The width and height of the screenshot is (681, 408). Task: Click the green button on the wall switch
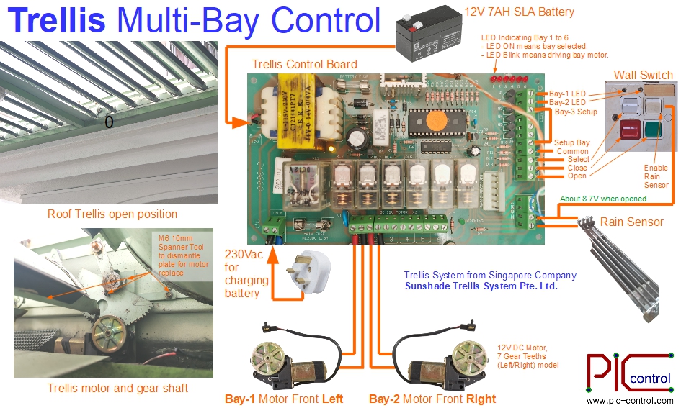coord(654,132)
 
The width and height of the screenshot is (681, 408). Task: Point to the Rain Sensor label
coord(631,222)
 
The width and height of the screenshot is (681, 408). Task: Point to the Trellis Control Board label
coord(304,65)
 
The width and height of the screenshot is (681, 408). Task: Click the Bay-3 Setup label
coord(576,112)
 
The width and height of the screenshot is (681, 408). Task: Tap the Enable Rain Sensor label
coord(656,176)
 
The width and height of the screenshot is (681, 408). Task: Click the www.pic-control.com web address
coord(630,401)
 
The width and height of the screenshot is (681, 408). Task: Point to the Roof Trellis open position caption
coord(112,214)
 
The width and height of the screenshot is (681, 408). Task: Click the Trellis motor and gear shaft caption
coord(117,388)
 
